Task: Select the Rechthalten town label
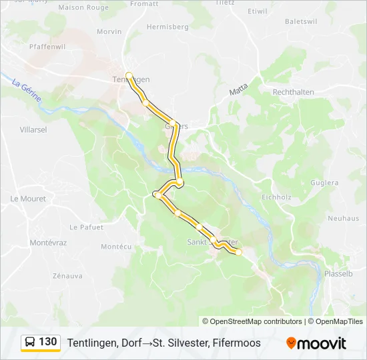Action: (294, 91)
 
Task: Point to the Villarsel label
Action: (33, 129)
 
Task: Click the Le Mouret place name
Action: (28, 199)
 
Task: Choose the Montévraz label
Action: (49, 243)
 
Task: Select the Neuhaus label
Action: (344, 218)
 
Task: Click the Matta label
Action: (238, 89)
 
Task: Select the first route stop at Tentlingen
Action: (129, 75)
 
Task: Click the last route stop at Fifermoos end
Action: (239, 251)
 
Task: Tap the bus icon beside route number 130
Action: (30, 343)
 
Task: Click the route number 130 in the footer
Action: (48, 342)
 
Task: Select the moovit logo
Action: (316, 343)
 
